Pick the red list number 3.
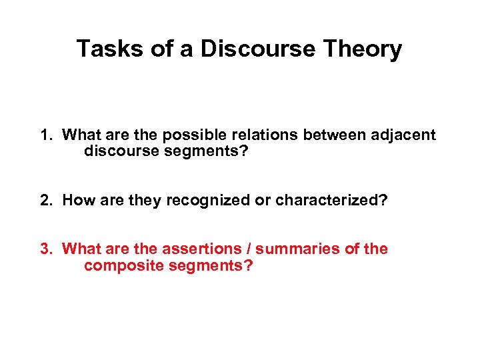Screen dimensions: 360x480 [x=45, y=249]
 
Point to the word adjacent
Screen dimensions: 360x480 [x=403, y=135]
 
